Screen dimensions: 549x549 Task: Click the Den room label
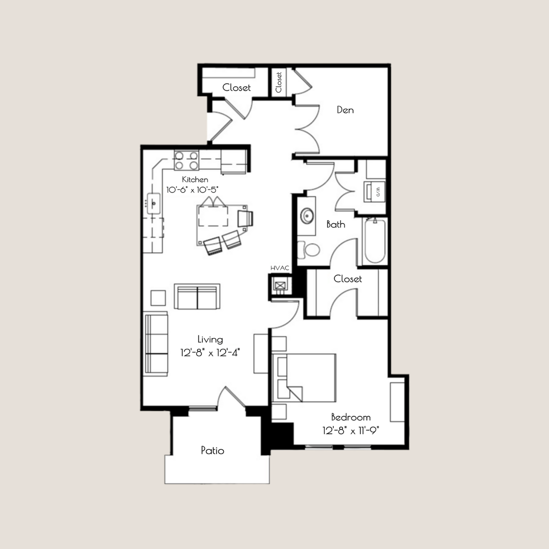click(x=345, y=110)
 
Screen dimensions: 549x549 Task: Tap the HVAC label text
click(x=280, y=268)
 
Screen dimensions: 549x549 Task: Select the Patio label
click(x=212, y=450)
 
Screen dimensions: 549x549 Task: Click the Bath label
click(x=335, y=224)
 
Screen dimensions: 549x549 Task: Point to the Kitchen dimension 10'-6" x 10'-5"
click(x=195, y=189)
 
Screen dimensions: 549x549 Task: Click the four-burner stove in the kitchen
click(x=186, y=161)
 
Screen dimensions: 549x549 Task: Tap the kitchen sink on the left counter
click(x=154, y=204)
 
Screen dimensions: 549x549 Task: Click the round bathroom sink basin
click(x=307, y=217)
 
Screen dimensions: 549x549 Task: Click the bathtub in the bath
click(x=375, y=240)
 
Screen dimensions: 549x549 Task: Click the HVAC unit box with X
click(x=280, y=286)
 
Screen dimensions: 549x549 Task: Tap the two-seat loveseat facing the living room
click(x=197, y=296)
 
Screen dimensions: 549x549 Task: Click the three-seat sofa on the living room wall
click(x=157, y=344)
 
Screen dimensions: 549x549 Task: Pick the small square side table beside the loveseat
click(x=158, y=297)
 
